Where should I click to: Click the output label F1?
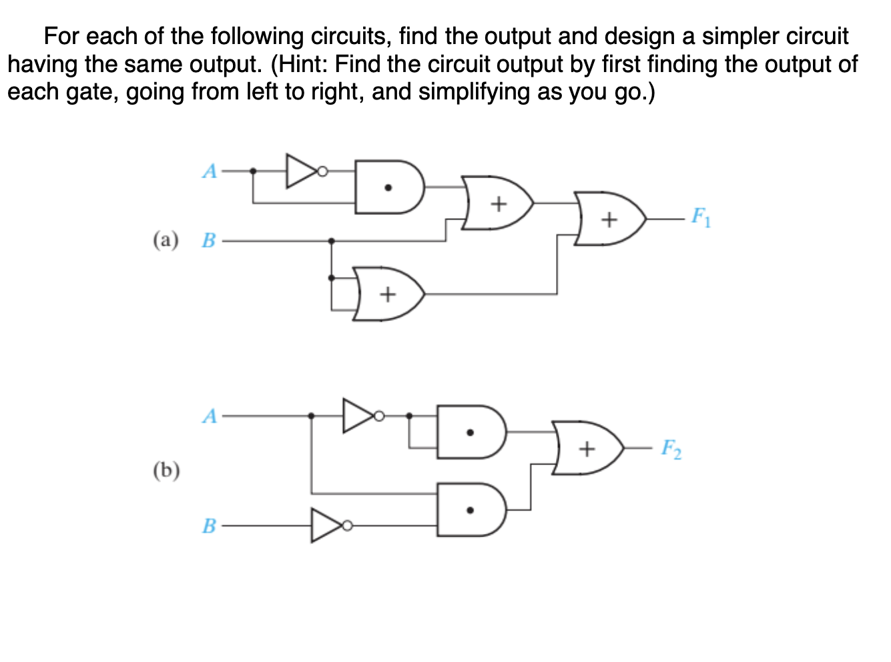click(700, 218)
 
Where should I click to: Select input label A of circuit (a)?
click(210, 172)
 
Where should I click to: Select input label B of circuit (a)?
click(209, 240)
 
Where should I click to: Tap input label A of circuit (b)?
click(210, 416)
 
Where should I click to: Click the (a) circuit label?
click(166, 240)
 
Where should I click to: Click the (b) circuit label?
click(166, 471)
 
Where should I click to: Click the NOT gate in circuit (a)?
click(302, 172)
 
